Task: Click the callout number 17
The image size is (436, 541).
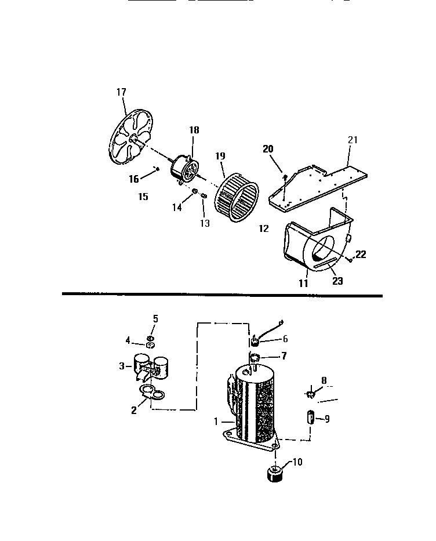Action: click(121, 92)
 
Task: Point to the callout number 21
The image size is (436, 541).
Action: click(353, 140)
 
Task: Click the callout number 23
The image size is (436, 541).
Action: click(337, 281)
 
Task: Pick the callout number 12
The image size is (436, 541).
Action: click(264, 228)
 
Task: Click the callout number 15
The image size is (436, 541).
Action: click(143, 197)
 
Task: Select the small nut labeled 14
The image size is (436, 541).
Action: click(195, 191)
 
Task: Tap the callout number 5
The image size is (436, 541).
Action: click(155, 318)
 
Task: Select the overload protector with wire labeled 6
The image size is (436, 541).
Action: click(254, 338)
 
